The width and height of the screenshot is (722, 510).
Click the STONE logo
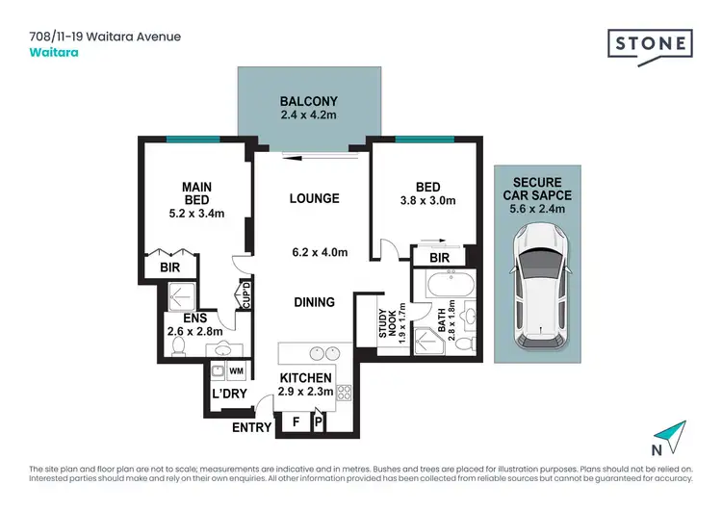point(650,45)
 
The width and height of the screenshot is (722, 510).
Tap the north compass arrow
point(676,435)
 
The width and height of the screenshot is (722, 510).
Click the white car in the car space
point(542,287)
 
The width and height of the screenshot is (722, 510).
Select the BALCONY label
point(308,101)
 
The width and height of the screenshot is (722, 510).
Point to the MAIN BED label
point(197,192)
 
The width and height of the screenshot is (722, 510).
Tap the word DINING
point(314,302)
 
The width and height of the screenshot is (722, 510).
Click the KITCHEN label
point(305,378)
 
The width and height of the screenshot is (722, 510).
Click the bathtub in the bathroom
point(450,286)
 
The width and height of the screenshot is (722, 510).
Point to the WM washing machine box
point(236,370)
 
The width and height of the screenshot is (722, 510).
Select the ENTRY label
point(251,427)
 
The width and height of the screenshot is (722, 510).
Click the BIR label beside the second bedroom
point(438,258)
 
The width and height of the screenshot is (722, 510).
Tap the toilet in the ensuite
point(177,348)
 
